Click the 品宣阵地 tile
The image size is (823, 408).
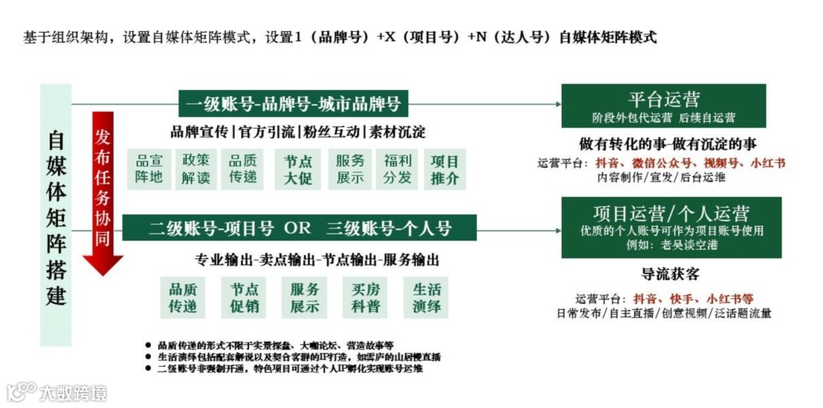pyautogui.click(x=149, y=169)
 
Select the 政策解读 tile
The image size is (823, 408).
pyautogui.click(x=196, y=169)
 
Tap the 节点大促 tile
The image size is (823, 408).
pyautogui.click(x=298, y=169)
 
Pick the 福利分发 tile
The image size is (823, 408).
pyautogui.click(x=398, y=169)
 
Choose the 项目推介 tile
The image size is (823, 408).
pyautogui.click(x=445, y=169)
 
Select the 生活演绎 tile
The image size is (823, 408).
pyautogui.click(x=427, y=298)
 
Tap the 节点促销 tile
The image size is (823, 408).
pyautogui.click(x=245, y=298)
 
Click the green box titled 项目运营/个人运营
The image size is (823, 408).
pyautogui.click(x=671, y=227)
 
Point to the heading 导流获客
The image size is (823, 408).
pyautogui.click(x=670, y=274)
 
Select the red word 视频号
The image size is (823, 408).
pyautogui.click(x=719, y=163)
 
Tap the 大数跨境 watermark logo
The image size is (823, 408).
pyautogui.click(x=56, y=393)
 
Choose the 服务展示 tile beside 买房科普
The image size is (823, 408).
pyautogui.click(x=305, y=298)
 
